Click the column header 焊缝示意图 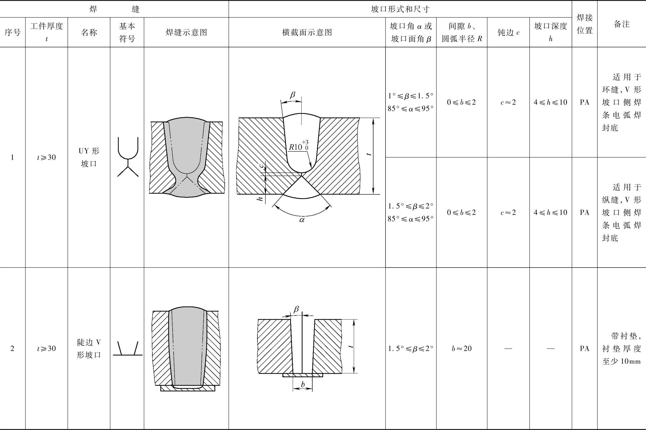186,32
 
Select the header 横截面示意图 307,32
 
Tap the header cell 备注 621,24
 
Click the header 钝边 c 508,32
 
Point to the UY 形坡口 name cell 89,157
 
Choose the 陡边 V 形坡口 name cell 89,348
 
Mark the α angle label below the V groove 302,220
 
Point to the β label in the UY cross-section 293,95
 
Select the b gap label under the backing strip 303,384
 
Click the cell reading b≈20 461,348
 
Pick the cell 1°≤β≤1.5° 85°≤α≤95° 411,102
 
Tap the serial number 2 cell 12,348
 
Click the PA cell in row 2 584,348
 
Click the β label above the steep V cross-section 296,309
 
